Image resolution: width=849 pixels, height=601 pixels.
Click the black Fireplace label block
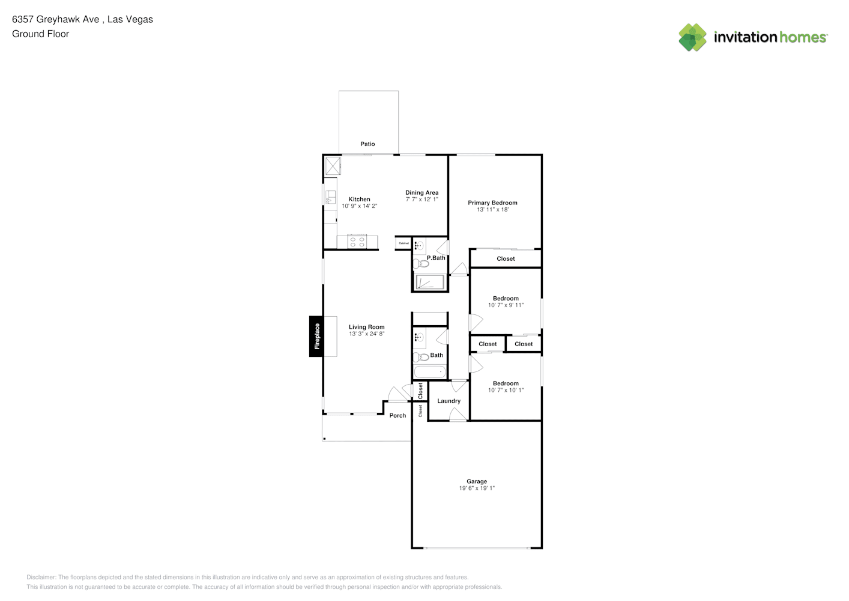point(316,336)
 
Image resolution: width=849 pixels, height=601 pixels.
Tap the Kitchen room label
point(359,199)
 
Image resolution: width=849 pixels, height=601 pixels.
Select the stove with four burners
point(357,242)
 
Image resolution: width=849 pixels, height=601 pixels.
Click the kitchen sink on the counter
point(330,197)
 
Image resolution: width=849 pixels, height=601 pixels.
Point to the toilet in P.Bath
point(420,263)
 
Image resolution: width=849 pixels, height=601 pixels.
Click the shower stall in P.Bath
point(430,282)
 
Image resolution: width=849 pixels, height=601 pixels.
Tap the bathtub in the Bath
point(430,372)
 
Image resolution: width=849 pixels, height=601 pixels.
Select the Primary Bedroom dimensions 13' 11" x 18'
point(492,209)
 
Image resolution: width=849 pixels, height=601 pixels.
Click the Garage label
point(477,481)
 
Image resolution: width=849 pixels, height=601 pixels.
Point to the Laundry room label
point(449,401)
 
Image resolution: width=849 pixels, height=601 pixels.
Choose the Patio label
point(367,144)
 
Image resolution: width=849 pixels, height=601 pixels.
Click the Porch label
point(397,415)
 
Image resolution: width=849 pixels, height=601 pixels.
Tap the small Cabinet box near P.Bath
point(403,243)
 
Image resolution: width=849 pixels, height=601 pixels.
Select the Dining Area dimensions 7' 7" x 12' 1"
point(422,199)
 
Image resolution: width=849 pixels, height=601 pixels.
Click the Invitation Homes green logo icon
point(692,37)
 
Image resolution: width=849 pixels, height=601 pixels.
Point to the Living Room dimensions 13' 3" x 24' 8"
point(366,334)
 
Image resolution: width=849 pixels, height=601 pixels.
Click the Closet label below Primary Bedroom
point(506,259)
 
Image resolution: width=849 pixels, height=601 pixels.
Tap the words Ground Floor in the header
point(41,34)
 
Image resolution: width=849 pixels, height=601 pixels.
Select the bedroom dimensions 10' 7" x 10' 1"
point(506,390)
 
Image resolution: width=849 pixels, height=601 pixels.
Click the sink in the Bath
point(419,337)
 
